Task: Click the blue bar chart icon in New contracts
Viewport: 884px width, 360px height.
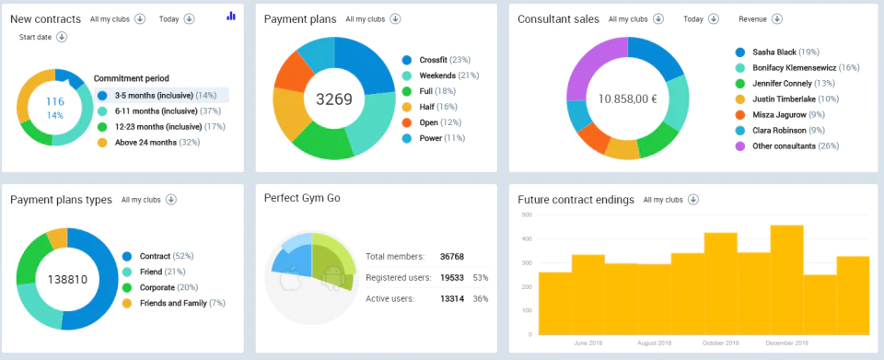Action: (231, 17)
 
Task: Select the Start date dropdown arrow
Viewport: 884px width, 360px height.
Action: (62, 37)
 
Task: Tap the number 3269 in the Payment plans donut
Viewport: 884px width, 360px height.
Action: (333, 99)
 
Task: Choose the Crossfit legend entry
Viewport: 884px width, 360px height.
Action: (436, 60)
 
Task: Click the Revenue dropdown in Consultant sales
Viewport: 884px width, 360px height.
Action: (760, 19)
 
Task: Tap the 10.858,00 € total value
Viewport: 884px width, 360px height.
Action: (627, 99)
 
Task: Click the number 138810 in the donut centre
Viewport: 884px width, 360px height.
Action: (67, 279)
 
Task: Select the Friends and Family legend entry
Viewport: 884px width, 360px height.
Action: (173, 303)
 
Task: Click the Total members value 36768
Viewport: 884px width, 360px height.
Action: (452, 257)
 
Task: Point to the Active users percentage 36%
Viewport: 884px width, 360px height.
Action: (481, 299)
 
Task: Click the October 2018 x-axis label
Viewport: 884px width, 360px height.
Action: (720, 343)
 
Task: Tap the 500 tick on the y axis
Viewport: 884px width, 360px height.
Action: (527, 215)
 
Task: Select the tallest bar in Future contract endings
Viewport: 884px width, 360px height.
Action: (786, 280)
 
